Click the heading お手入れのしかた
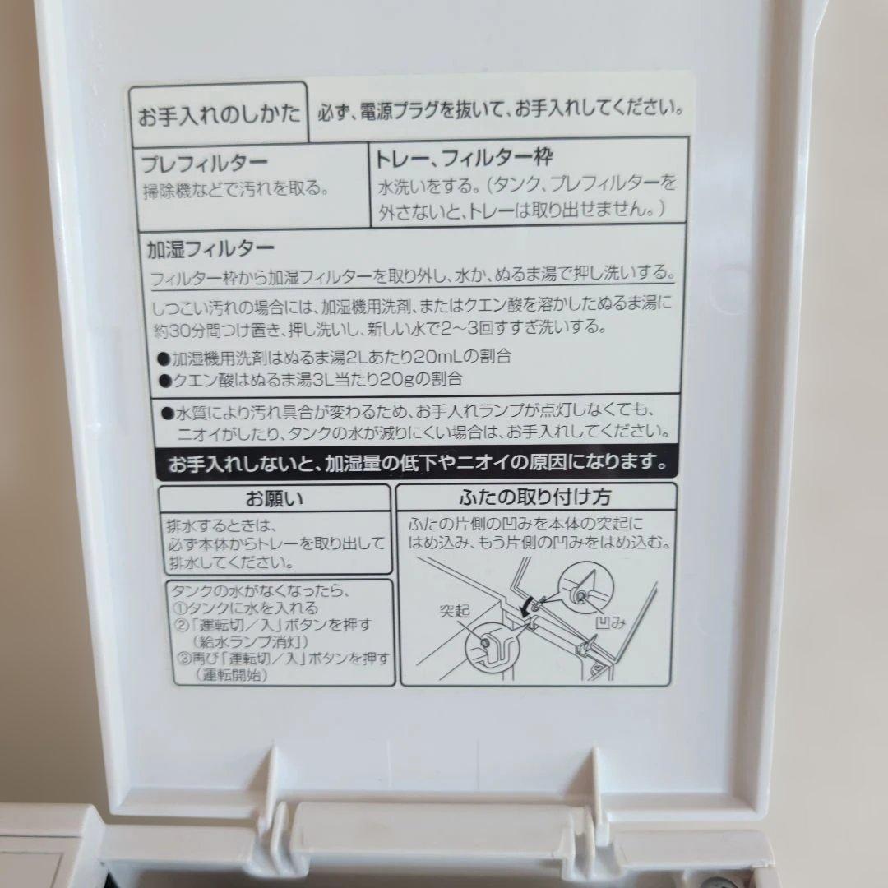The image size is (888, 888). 218,113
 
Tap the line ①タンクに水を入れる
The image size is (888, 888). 243,608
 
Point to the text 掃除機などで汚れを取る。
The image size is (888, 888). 235,188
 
